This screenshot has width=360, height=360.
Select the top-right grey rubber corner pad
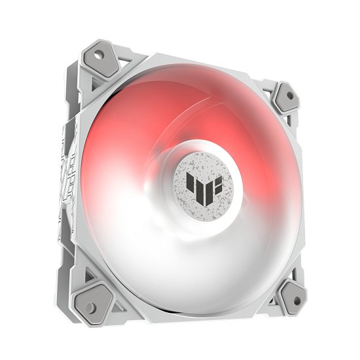(285, 98)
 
